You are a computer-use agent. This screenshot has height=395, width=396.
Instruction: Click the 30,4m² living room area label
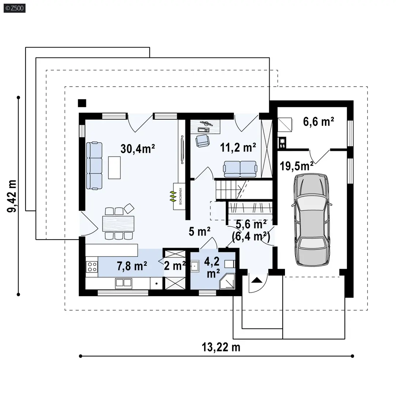[138, 149]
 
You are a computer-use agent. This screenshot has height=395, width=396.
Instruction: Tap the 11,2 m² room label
[238, 147]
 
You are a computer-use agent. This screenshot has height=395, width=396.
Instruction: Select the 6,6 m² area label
[319, 122]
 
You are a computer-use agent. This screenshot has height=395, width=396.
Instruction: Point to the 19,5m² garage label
[297, 166]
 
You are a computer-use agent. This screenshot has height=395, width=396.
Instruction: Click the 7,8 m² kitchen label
[132, 266]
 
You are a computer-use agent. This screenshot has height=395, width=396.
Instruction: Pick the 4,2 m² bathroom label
[212, 268]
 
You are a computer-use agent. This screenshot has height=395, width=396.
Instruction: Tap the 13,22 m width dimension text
[221, 347]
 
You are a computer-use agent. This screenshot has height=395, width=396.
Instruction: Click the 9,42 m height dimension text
[12, 196]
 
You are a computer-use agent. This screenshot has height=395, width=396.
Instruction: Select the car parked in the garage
[312, 219]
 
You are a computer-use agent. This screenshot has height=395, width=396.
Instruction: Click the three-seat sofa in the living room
[94, 166]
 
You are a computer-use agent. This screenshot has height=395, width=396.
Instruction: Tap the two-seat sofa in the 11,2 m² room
[240, 169]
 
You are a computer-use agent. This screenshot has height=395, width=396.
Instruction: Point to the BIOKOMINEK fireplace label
[180, 196]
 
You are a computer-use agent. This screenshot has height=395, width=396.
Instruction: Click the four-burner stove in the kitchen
[92, 267]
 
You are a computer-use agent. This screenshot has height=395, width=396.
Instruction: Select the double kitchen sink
[123, 283]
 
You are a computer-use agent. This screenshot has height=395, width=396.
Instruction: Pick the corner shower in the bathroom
[227, 281]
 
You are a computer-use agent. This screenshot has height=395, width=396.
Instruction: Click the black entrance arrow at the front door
[257, 280]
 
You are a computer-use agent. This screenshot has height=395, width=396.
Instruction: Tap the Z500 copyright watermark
[14, 8]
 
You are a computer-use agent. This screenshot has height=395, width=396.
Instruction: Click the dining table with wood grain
[118, 223]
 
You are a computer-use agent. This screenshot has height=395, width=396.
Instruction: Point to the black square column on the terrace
[82, 103]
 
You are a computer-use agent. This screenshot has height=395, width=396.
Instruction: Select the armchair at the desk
[202, 140]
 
